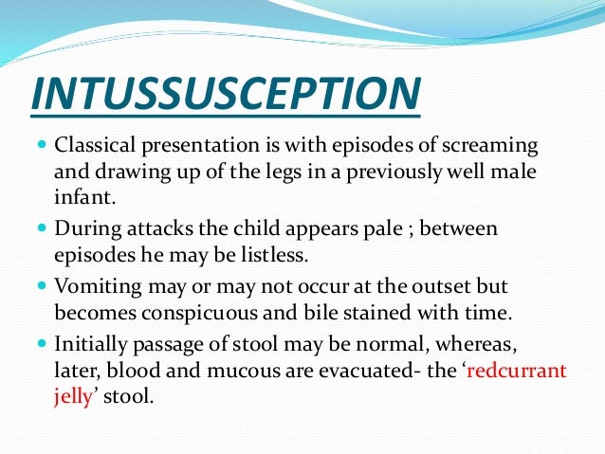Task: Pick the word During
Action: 86,228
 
